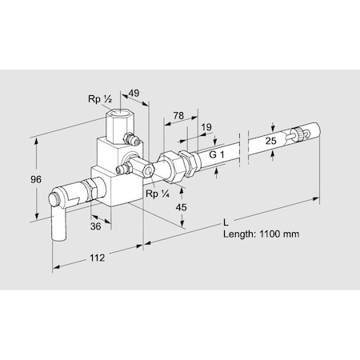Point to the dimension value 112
click(x=98, y=258)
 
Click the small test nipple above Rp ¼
click(x=125, y=170)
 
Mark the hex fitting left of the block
click(x=89, y=190)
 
